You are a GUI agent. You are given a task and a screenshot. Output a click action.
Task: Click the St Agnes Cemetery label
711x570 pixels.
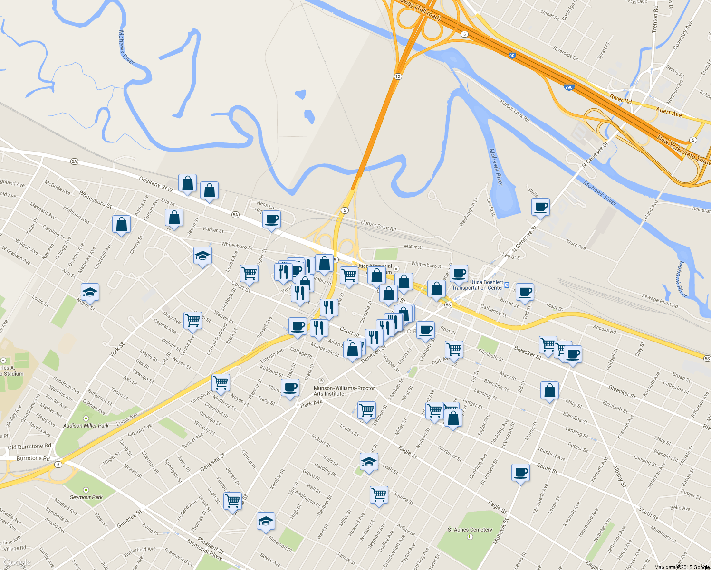(470, 530)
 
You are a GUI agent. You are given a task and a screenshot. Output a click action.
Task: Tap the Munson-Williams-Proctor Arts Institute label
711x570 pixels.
(344, 391)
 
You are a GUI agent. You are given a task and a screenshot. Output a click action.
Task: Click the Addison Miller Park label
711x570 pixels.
(86, 426)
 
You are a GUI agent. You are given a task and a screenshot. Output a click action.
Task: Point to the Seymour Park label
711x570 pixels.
(86, 497)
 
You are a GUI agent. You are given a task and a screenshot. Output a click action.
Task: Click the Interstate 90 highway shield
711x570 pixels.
(511, 56)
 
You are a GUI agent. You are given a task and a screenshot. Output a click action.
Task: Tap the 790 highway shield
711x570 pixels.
(568, 87)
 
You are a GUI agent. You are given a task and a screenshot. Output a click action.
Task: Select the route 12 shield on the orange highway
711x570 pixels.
(397, 76)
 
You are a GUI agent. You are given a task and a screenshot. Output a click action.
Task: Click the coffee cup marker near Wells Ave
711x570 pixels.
(540, 207)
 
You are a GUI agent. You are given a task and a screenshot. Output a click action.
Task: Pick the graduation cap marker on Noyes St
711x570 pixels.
(89, 292)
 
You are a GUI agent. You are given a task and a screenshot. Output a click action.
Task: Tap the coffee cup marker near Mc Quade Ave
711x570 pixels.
(520, 473)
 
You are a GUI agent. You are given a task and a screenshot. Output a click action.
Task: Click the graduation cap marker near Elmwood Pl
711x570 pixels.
(266, 521)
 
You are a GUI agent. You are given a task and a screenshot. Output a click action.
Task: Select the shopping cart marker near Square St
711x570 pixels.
(379, 495)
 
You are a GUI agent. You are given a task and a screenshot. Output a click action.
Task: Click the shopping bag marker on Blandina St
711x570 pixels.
(549, 391)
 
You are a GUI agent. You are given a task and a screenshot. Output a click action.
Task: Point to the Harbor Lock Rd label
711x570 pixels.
(514, 111)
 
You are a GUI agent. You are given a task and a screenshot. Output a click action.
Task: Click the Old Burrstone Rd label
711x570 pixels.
(29, 447)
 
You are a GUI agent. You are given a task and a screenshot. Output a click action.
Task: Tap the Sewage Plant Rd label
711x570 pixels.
(660, 301)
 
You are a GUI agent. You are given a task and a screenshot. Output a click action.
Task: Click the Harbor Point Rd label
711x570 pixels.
(378, 225)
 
